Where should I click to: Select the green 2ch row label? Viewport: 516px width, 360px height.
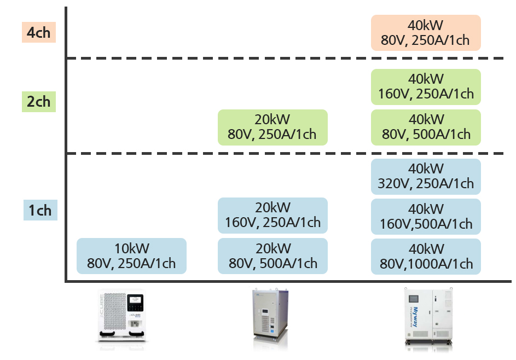38,102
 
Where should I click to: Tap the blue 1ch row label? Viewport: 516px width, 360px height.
40,210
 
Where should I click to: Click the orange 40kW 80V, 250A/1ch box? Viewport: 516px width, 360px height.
426,33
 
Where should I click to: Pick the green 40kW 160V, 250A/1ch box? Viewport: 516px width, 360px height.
426,86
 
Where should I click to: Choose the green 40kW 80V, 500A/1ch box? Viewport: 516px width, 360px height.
426,127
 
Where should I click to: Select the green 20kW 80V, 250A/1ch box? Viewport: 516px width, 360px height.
273,127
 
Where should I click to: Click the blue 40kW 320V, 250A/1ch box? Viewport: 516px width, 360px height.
426,176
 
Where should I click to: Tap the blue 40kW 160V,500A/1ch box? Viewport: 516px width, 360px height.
426,216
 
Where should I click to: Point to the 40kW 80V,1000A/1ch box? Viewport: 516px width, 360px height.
426,256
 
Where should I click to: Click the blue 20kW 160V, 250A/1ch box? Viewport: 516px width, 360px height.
273,216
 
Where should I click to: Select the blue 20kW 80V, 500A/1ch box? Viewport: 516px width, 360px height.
273,256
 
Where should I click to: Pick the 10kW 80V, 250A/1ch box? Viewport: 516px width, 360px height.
131,256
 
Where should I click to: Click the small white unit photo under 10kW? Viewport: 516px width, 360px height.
121,316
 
